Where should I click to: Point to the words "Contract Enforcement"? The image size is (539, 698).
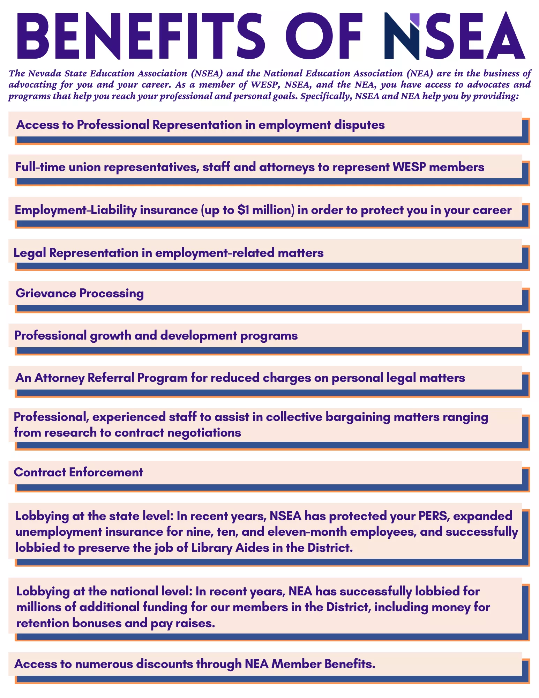tap(78, 472)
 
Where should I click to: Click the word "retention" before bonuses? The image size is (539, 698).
tap(42, 623)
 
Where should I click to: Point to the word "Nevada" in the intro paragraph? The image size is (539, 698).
tap(43, 73)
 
